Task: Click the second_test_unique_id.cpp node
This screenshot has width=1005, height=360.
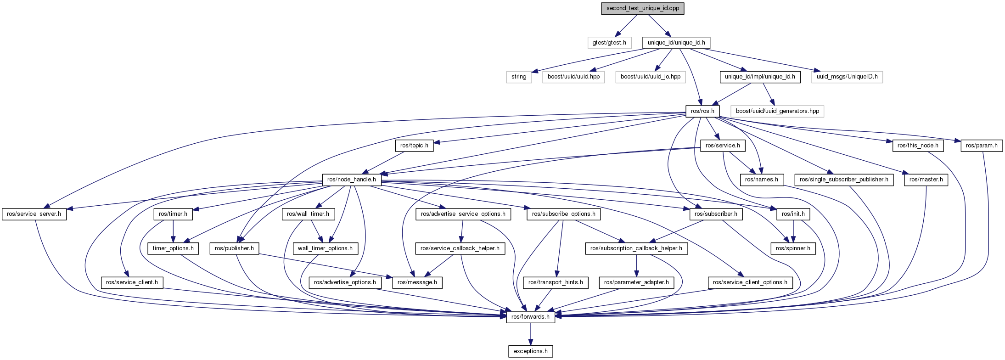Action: pyautogui.click(x=642, y=9)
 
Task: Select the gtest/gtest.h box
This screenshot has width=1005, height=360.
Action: pyautogui.click(x=609, y=43)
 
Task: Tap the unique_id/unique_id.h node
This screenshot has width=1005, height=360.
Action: pyautogui.click(x=676, y=43)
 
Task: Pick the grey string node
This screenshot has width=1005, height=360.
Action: pyautogui.click(x=519, y=77)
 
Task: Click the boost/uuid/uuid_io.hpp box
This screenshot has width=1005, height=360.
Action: pyautogui.click(x=650, y=77)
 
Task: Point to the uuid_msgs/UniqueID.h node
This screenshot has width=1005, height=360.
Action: pyautogui.click(x=847, y=77)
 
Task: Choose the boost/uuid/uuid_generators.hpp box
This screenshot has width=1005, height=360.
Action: pyautogui.click(x=777, y=111)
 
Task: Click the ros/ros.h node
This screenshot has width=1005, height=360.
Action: pyautogui.click(x=702, y=111)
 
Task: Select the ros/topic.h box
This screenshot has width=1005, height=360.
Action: pyautogui.click(x=414, y=146)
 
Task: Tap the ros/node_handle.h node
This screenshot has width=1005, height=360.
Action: pyautogui.click(x=351, y=180)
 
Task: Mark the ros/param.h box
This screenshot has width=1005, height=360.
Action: pyautogui.click(x=981, y=146)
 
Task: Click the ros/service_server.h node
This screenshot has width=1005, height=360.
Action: pyautogui.click(x=34, y=214)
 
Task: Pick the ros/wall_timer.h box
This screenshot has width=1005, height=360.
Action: pyautogui.click(x=308, y=214)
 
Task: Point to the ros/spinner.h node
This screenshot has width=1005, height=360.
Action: pyautogui.click(x=793, y=248)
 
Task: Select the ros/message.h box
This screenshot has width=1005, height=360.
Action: pyautogui.click(x=417, y=282)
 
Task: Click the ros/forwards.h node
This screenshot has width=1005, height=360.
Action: pyautogui.click(x=530, y=317)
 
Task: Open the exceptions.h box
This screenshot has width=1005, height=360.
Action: pyautogui.click(x=530, y=351)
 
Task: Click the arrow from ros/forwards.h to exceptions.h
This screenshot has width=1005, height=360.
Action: pyautogui.click(x=530, y=334)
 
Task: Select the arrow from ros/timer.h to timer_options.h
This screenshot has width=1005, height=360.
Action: pyautogui.click(x=173, y=231)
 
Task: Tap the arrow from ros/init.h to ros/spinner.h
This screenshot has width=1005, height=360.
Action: pyautogui.click(x=793, y=231)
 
